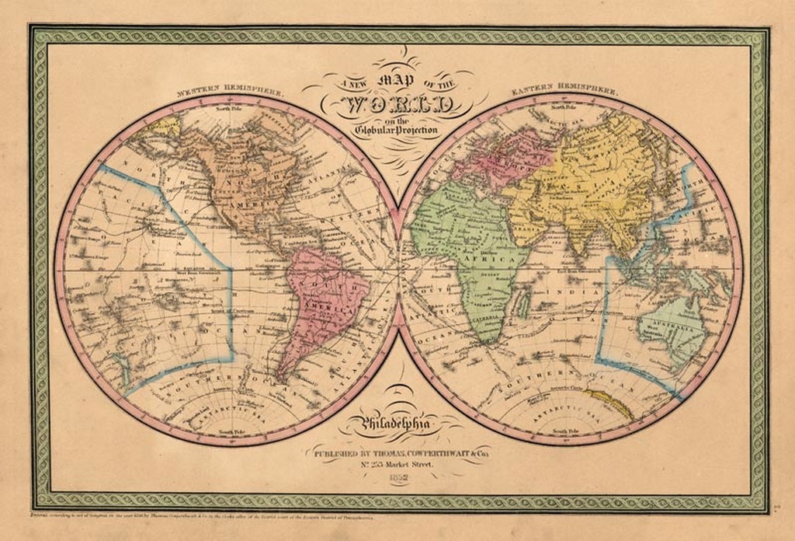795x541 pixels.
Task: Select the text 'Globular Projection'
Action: tap(396, 131)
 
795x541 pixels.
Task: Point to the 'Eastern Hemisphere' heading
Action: tap(565, 90)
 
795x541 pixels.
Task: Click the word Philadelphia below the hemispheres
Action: tap(398, 424)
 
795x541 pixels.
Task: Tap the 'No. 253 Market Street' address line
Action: tap(398, 464)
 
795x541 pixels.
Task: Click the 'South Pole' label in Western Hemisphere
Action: tap(232, 431)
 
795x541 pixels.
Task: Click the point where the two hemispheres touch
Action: tap(398, 268)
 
